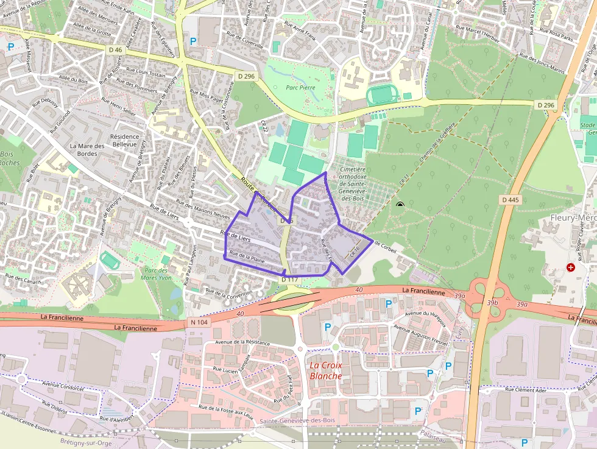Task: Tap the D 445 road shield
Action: pyautogui.click(x=510, y=200)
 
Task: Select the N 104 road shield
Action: pyautogui.click(x=199, y=322)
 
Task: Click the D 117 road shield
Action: pyautogui.click(x=290, y=280)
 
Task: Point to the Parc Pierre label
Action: pyautogui.click(x=300, y=87)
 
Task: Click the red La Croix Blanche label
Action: pyautogui.click(x=326, y=370)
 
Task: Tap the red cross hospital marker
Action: pyautogui.click(x=571, y=267)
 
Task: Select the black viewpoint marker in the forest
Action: pyautogui.click(x=400, y=205)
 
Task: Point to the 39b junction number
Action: pyautogui.click(x=492, y=302)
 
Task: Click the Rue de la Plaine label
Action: pyautogui.click(x=247, y=258)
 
